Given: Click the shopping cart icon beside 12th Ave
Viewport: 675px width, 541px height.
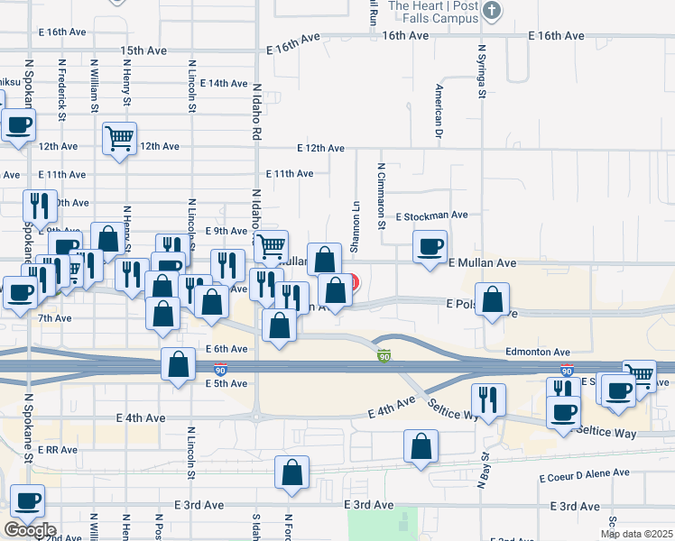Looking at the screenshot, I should [119, 139].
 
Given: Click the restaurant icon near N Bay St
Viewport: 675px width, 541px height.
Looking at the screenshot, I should [488, 399].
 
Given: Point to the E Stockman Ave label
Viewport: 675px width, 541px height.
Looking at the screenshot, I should [432, 215].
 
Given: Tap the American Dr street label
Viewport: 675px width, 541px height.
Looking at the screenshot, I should [438, 110].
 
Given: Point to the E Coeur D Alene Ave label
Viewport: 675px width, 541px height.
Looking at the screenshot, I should [584, 473].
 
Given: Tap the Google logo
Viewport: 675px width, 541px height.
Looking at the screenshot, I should [30, 530].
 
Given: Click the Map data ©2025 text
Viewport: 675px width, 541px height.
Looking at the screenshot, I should [637, 534].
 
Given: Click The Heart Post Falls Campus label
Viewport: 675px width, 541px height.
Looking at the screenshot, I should [433, 12].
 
